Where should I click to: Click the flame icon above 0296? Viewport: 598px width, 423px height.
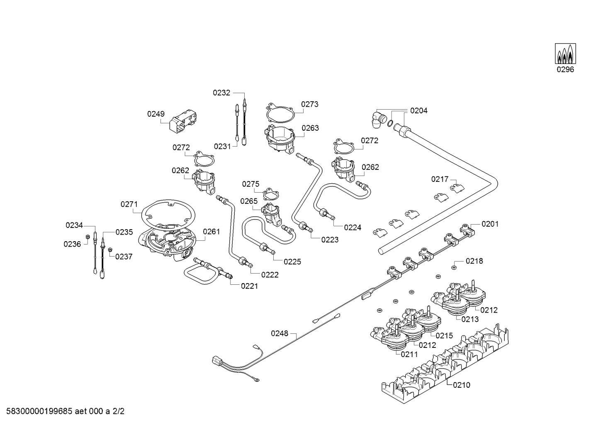click(565, 54)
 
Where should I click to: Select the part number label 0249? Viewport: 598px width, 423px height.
click(156, 114)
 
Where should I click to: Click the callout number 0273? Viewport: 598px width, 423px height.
click(310, 104)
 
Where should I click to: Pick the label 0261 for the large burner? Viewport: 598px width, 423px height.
click(211, 232)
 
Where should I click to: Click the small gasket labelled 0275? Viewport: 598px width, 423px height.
click(270, 194)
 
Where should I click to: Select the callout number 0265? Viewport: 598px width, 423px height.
click(249, 201)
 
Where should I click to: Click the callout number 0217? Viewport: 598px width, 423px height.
click(440, 179)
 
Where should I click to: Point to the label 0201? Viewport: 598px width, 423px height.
click(490, 224)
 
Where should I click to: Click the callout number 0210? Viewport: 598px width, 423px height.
click(462, 385)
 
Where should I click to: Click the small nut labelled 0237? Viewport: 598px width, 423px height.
click(110, 250)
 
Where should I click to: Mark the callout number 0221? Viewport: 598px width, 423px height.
click(249, 286)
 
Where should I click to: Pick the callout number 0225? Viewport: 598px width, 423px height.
click(292, 262)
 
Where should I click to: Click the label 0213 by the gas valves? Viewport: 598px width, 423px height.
click(470, 319)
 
